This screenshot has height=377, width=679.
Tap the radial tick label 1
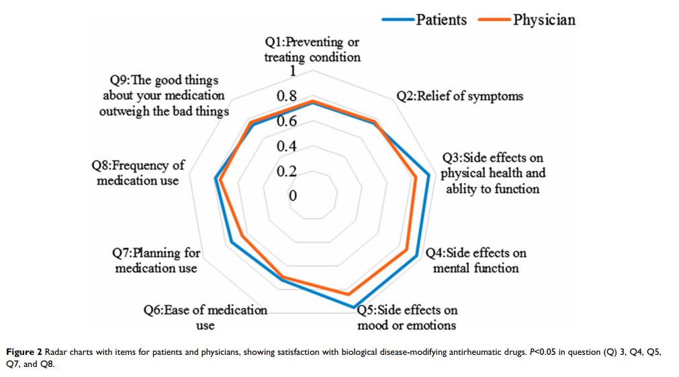(x=292, y=72)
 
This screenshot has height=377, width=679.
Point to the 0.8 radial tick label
(x=287, y=97)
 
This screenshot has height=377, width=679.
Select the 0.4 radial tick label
(x=287, y=146)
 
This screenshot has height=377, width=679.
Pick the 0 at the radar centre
(x=293, y=196)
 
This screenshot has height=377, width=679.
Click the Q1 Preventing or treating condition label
(x=312, y=50)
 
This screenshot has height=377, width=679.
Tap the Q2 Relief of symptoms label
(x=459, y=96)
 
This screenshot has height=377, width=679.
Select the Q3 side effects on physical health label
(x=492, y=173)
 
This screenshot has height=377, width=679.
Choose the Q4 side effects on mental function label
(x=477, y=260)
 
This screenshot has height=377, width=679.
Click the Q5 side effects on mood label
(x=407, y=317)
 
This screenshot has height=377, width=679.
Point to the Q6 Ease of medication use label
(x=206, y=317)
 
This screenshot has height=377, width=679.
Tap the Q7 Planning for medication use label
(x=156, y=260)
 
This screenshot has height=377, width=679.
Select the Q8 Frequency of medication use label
(x=138, y=173)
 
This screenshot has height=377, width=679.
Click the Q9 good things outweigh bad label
(x=163, y=96)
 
